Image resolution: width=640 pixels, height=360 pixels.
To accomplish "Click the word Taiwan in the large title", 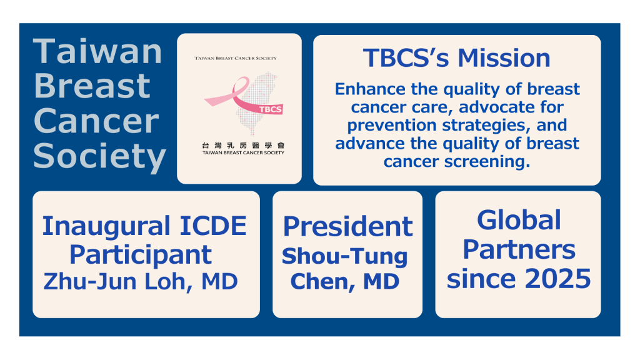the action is [97, 51].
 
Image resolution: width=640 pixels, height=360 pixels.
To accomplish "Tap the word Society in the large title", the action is [99, 156].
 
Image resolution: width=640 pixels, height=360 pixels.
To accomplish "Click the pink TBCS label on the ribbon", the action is [270, 109].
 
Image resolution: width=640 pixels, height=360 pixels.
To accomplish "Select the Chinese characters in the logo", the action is [243, 145].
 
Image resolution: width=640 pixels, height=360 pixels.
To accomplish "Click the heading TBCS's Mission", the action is [457, 58].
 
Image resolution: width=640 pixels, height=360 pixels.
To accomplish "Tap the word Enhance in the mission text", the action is [370, 89].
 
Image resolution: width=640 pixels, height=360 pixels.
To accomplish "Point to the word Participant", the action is [141, 256].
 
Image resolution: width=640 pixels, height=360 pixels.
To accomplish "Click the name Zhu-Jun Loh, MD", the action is [141, 282].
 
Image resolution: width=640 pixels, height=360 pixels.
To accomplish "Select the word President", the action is [347, 226].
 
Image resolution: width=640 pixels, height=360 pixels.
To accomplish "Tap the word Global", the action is [519, 221].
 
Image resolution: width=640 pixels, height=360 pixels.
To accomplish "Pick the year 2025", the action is [557, 279].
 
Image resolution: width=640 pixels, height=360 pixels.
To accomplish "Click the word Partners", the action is [519, 249].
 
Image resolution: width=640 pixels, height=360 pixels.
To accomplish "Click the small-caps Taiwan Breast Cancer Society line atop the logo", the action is [236, 58].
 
